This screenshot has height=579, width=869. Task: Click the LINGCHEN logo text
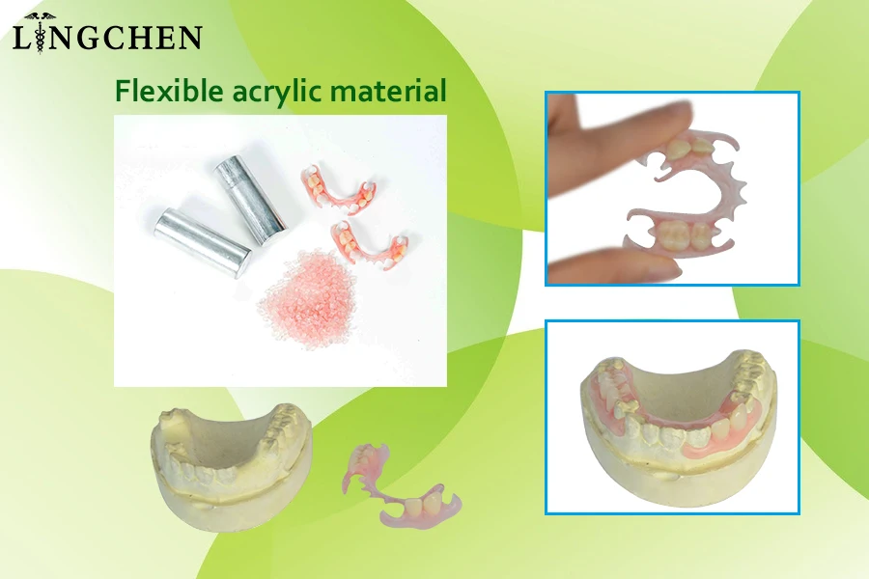106,38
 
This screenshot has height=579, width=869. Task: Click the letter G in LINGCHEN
84,38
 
